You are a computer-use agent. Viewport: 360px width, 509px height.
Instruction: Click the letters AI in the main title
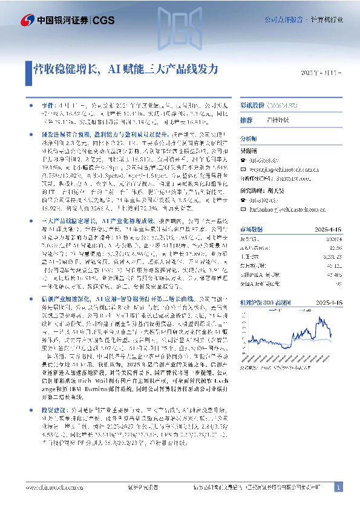tap(113, 70)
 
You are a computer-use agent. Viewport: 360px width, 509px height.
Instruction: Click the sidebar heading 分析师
tap(249, 138)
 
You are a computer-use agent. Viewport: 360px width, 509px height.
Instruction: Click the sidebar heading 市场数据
tap(251, 230)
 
